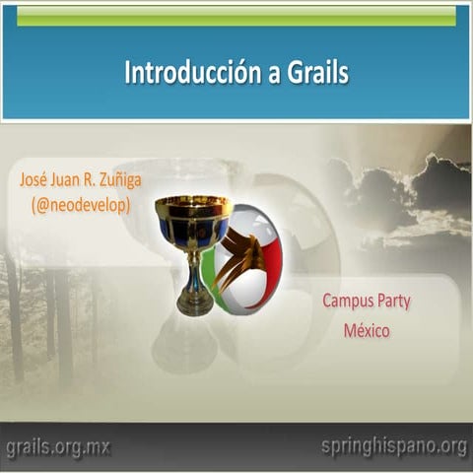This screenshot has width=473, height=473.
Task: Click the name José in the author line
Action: [x=35, y=181]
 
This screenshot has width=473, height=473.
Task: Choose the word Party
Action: [x=398, y=302]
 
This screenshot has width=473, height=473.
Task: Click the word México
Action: [x=367, y=330]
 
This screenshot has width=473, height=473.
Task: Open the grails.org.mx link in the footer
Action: [x=57, y=448]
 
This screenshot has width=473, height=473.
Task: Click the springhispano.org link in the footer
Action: [x=393, y=446]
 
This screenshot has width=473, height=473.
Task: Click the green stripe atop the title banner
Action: [x=236, y=16]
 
